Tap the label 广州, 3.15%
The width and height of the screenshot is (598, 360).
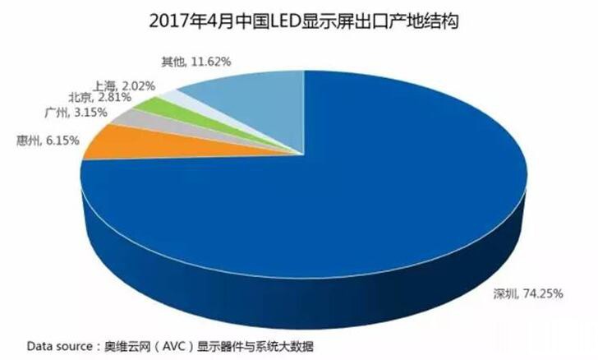coord(66,112)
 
